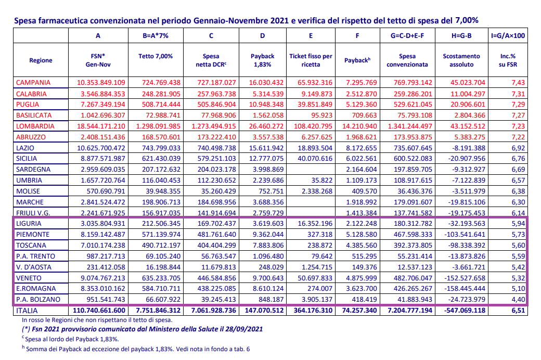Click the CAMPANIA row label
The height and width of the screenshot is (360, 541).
pos(33,83)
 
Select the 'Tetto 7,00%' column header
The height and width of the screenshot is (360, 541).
pos(156,56)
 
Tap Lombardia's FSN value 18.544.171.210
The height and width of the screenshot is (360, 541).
pos(101,126)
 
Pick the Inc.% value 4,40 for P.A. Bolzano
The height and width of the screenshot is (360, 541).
pos(518,300)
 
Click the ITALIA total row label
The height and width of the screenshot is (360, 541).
pos(27,311)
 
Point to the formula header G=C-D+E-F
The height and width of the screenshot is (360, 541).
pos(407,35)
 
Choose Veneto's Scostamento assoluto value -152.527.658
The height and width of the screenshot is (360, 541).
pos(461,278)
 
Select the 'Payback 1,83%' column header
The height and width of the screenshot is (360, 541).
pos(262,60)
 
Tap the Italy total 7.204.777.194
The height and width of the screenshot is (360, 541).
pos(410,311)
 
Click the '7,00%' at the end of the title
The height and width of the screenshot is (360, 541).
pos(467,21)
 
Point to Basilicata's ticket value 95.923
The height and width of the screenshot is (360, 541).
pos(321,115)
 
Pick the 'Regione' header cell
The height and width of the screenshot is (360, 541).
pos(41,60)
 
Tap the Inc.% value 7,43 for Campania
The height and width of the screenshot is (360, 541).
pos(518,83)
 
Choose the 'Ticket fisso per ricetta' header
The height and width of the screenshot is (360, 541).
pos(311,60)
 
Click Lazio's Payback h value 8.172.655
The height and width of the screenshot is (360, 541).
pos(361,148)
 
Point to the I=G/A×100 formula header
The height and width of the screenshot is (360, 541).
pos(508,35)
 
